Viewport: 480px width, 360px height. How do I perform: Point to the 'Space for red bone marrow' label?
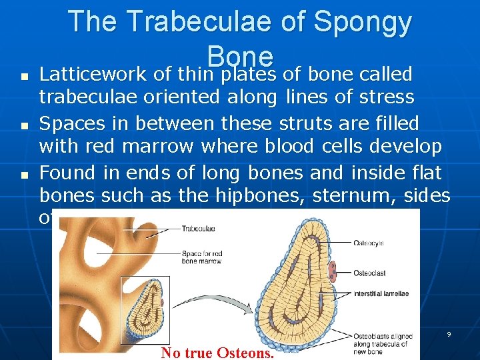click(203, 257)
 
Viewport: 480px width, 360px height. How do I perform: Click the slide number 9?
click(449, 334)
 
